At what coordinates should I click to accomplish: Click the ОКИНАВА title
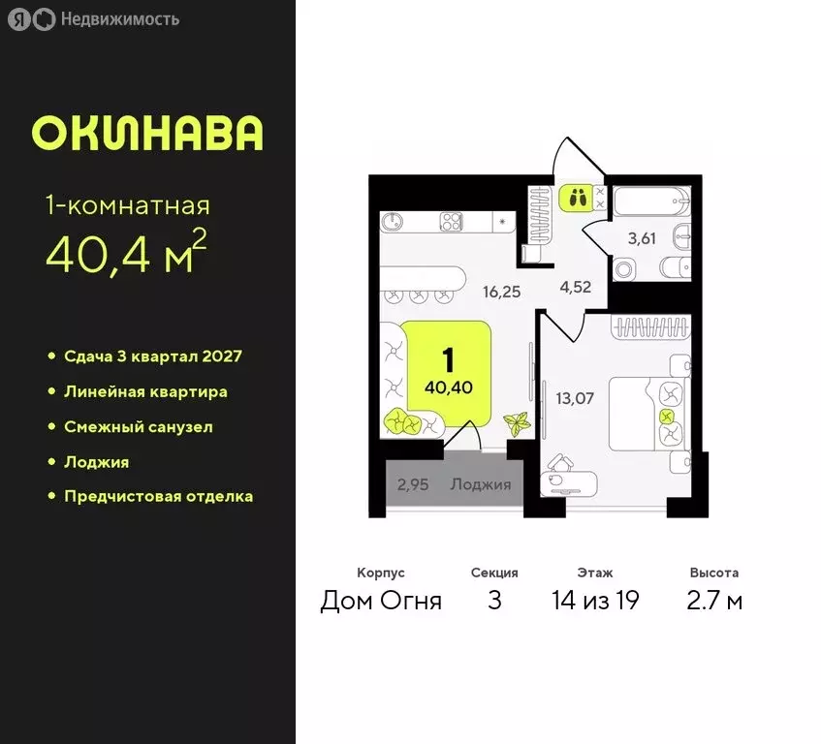coord(147,133)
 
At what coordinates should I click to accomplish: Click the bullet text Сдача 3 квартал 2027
coord(152,356)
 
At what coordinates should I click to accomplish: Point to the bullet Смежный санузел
coord(138,426)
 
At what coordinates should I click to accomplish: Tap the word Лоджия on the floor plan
coord(480,484)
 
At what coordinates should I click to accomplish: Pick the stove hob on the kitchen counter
coord(451,221)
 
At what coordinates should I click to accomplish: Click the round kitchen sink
coord(393,222)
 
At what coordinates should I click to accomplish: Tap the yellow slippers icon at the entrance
coord(577,199)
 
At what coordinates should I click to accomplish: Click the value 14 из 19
coord(595,601)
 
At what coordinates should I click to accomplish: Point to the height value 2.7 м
coord(715,601)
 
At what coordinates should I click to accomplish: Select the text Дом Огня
coord(381,601)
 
